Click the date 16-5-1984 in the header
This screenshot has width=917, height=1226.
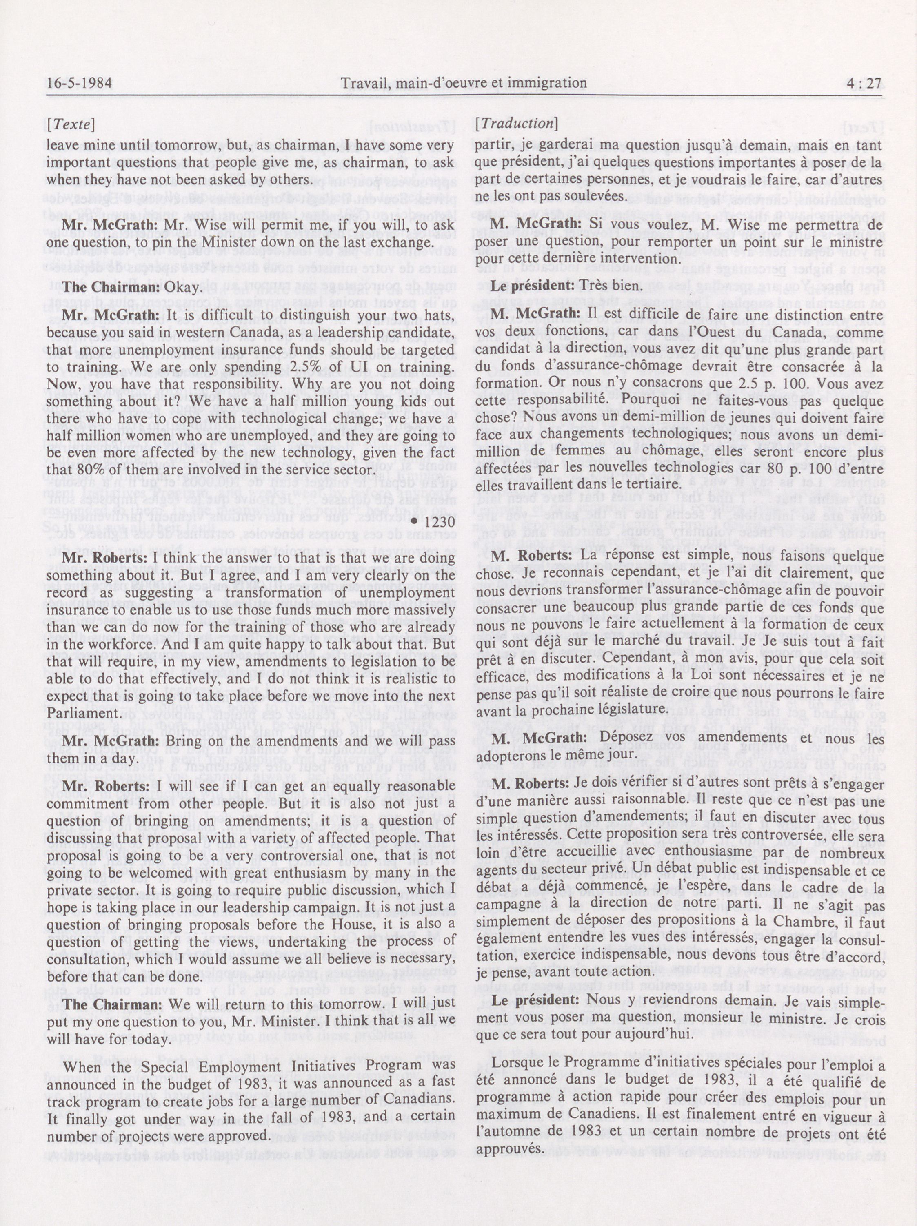click(x=79, y=84)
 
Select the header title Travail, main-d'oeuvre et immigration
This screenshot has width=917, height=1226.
click(x=464, y=84)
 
